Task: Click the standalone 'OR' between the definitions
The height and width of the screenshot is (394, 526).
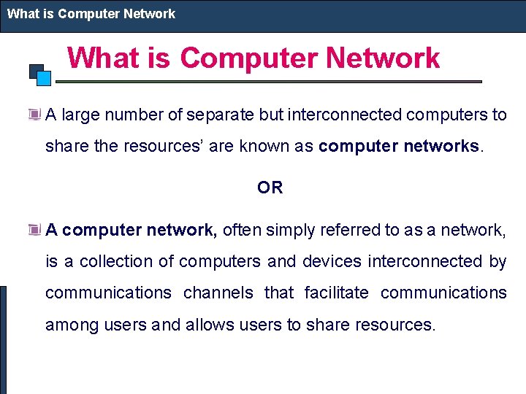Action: point(270,188)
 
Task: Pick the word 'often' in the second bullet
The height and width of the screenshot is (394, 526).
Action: point(241,231)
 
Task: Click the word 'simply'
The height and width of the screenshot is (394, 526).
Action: point(287,231)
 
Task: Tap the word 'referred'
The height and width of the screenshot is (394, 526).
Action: point(344,231)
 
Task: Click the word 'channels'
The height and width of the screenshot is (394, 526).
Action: point(217,293)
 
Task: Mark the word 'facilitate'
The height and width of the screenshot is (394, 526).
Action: point(336,293)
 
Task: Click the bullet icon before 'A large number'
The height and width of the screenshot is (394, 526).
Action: point(34,115)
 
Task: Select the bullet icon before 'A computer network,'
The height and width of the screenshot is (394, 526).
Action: point(34,230)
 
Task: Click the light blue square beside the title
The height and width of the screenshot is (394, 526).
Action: point(43,78)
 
